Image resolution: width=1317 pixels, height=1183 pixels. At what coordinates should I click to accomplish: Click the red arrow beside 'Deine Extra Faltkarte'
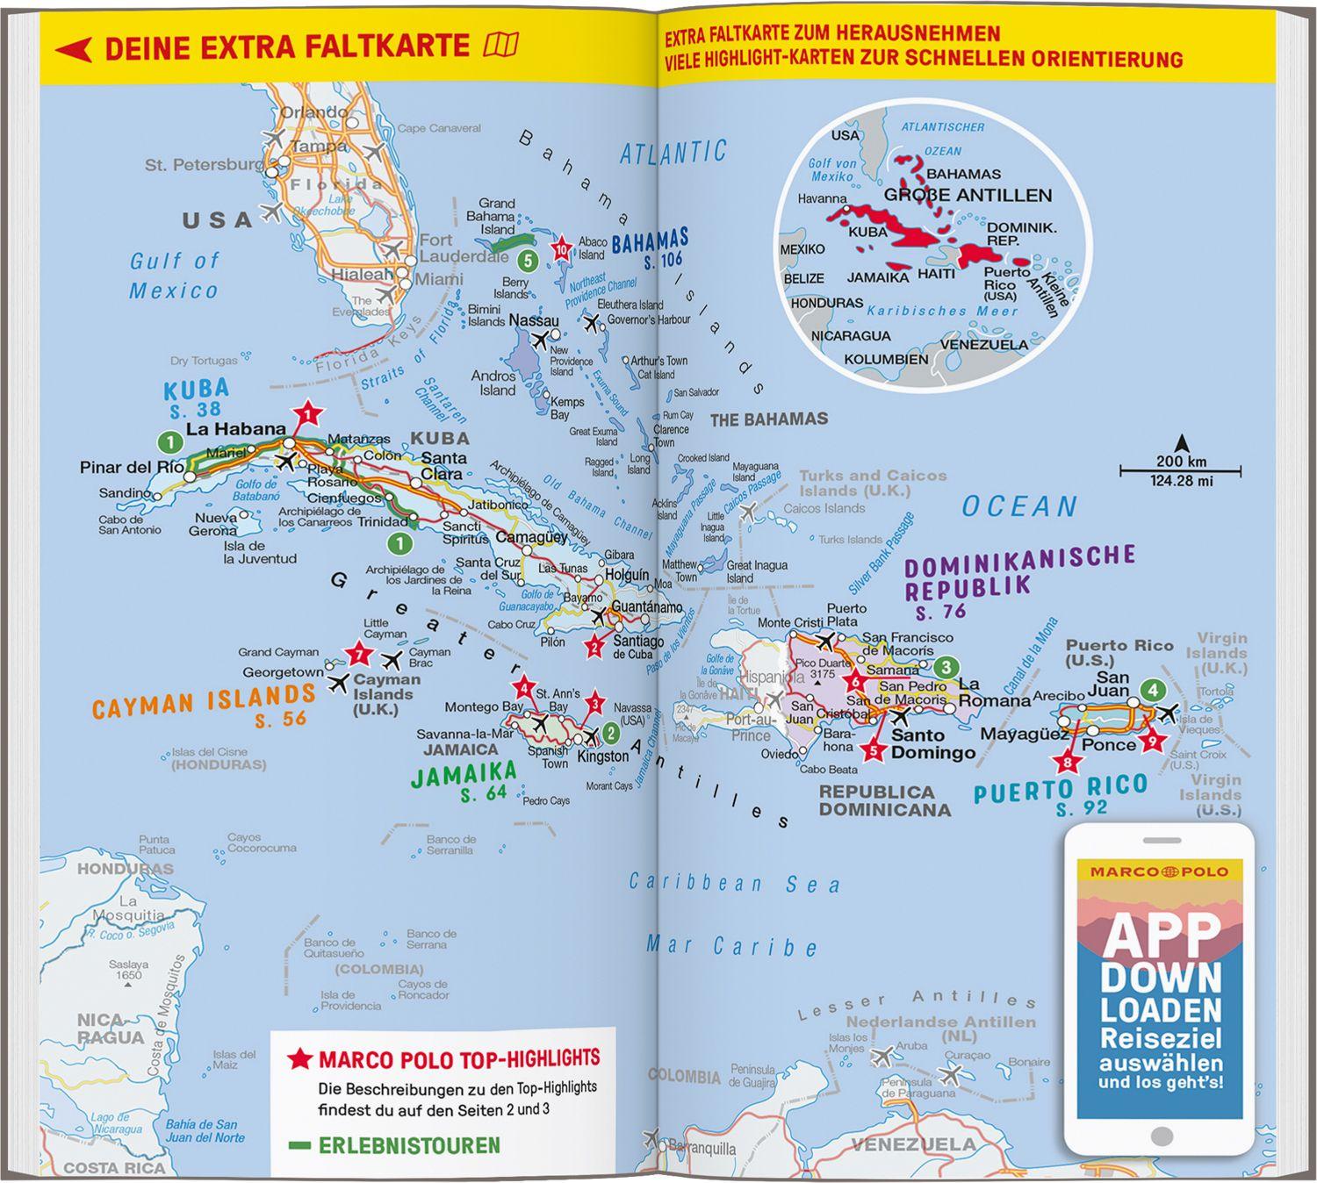click(x=74, y=49)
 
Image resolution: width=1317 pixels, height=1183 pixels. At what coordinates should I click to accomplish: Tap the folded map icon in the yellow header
click(x=501, y=45)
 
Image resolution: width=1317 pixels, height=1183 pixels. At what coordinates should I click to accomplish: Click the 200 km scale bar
click(x=1180, y=471)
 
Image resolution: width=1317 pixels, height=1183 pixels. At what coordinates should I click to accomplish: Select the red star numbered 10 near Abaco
click(x=562, y=250)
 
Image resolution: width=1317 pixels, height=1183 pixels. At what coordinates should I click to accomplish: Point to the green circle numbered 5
click(x=527, y=261)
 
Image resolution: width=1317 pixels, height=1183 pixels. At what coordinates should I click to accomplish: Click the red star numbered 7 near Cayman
click(x=357, y=654)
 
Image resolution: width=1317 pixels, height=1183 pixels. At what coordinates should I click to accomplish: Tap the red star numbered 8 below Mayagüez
click(x=1067, y=763)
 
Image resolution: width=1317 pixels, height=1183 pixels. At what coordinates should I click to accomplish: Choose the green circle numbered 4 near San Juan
click(x=1152, y=691)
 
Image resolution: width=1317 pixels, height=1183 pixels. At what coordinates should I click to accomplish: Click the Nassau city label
click(x=533, y=321)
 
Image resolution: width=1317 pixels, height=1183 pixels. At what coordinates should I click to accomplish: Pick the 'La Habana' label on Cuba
click(x=236, y=429)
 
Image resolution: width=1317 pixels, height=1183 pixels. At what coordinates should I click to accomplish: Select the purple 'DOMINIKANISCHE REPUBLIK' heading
click(x=1018, y=571)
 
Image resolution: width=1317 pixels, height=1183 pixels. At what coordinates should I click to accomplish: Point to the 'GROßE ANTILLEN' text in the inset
click(x=968, y=196)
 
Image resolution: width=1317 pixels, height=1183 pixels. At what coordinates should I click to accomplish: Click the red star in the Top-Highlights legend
click(x=300, y=1058)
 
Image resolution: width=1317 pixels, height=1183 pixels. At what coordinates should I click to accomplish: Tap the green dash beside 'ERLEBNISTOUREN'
click(x=299, y=1145)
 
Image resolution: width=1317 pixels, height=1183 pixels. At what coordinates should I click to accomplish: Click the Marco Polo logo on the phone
click(x=1159, y=871)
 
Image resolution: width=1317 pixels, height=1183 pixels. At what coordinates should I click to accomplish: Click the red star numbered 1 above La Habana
click(x=306, y=412)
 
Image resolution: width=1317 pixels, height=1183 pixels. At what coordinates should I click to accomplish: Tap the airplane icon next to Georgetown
click(x=338, y=682)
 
